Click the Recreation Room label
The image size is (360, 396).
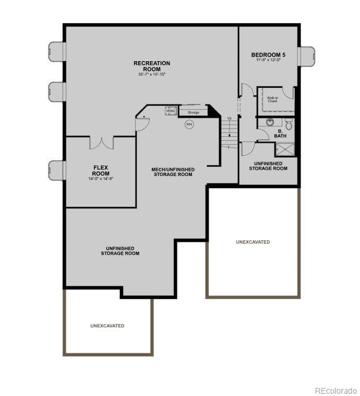[x=152, y=66]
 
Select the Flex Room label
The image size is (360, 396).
[x=101, y=170]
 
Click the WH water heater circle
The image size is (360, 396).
[x=189, y=124]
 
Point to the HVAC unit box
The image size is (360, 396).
[x=171, y=110]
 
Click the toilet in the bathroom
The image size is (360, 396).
[x=289, y=124]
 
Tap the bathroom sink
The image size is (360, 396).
[x=270, y=122]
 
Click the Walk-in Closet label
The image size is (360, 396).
[x=272, y=99]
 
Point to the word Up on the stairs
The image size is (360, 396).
[x=229, y=118]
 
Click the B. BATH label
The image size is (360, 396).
[x=280, y=133]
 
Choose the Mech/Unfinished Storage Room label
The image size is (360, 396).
[x=173, y=171]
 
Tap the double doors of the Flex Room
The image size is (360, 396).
[x=102, y=141]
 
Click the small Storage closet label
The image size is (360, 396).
[x=193, y=112]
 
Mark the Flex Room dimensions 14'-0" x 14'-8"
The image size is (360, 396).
[x=101, y=179]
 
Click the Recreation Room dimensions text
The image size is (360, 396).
[x=152, y=74]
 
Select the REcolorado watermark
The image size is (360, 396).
[x=336, y=390]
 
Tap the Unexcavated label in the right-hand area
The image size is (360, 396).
[x=253, y=242]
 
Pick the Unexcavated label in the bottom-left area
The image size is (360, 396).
[x=107, y=326]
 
